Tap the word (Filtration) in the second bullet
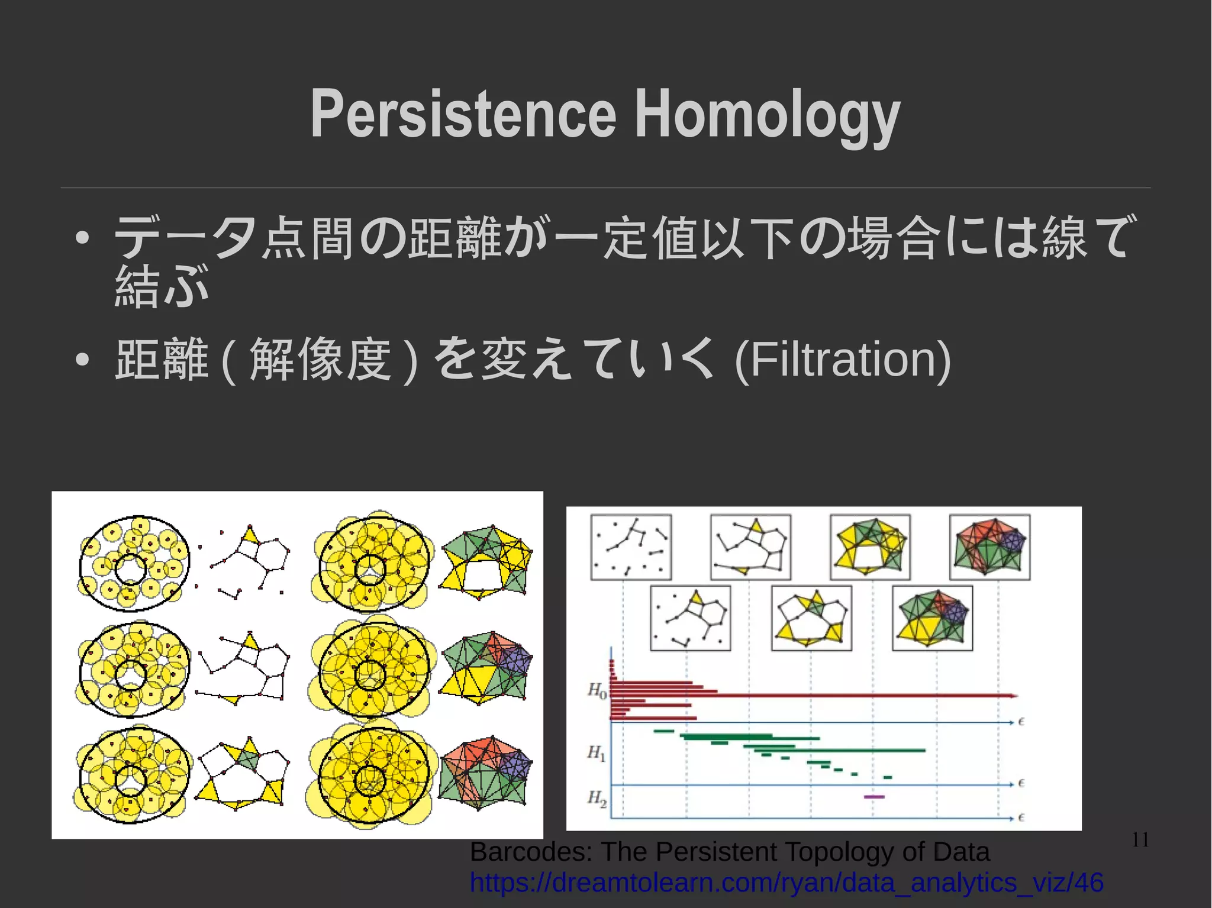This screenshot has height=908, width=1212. (x=842, y=359)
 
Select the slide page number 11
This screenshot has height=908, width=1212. (x=1140, y=839)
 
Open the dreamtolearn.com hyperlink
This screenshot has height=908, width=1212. (x=786, y=883)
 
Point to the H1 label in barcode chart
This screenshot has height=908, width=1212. (x=596, y=752)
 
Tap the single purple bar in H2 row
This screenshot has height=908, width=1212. (x=874, y=797)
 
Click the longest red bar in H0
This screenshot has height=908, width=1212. (x=811, y=696)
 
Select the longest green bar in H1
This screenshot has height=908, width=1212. (x=834, y=751)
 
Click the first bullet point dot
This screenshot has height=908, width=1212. (x=82, y=238)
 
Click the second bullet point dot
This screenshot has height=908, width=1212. (x=82, y=359)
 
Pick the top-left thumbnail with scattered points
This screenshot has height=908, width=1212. (x=631, y=547)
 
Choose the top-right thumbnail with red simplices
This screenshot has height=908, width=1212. (x=989, y=547)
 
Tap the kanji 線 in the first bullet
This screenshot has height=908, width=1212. (x=1064, y=238)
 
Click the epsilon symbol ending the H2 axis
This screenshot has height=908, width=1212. (x=1021, y=817)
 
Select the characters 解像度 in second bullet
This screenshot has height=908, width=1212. (x=320, y=359)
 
